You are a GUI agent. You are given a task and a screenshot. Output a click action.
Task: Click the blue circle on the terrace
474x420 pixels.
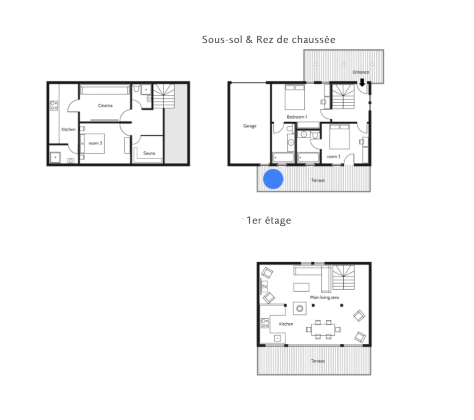pos(273,179)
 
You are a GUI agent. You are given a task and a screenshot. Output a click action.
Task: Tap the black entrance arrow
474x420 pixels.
pos(362,82)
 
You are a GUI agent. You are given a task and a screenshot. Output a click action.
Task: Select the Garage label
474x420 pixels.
pos(250,126)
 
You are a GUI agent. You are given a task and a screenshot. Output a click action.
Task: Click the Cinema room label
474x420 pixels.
pos(105,106)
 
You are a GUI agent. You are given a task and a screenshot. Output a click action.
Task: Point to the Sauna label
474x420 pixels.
pos(149,153)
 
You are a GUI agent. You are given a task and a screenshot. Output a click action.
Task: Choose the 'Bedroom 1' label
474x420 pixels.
pos(297,117)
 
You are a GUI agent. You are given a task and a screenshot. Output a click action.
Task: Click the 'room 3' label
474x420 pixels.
pos(95,143)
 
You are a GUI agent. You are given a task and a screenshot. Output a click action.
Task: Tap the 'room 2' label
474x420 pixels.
pos(334,156)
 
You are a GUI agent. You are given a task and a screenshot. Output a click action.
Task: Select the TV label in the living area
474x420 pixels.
pos(264,287)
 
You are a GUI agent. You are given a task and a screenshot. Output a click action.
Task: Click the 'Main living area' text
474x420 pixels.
pos(324,297)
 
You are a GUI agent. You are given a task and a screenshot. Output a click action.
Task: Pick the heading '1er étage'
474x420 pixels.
pos(269,220)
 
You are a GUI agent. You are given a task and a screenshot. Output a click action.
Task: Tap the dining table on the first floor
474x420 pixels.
pos(323,329)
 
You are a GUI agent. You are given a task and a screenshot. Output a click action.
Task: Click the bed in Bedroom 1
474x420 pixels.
pos(295,97)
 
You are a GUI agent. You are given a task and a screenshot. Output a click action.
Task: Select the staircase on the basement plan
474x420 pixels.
pos(164,96)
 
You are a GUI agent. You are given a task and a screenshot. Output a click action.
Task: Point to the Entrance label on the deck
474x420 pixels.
pos(361,72)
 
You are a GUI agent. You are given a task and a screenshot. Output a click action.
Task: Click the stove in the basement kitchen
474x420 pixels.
pos(54,106)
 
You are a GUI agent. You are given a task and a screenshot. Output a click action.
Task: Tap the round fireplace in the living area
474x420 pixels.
pos(300,308)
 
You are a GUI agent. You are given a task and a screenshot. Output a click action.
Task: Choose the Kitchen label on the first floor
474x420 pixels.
pos(286,324)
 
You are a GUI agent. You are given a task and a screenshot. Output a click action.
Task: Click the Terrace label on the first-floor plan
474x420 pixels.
pos(318,361)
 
